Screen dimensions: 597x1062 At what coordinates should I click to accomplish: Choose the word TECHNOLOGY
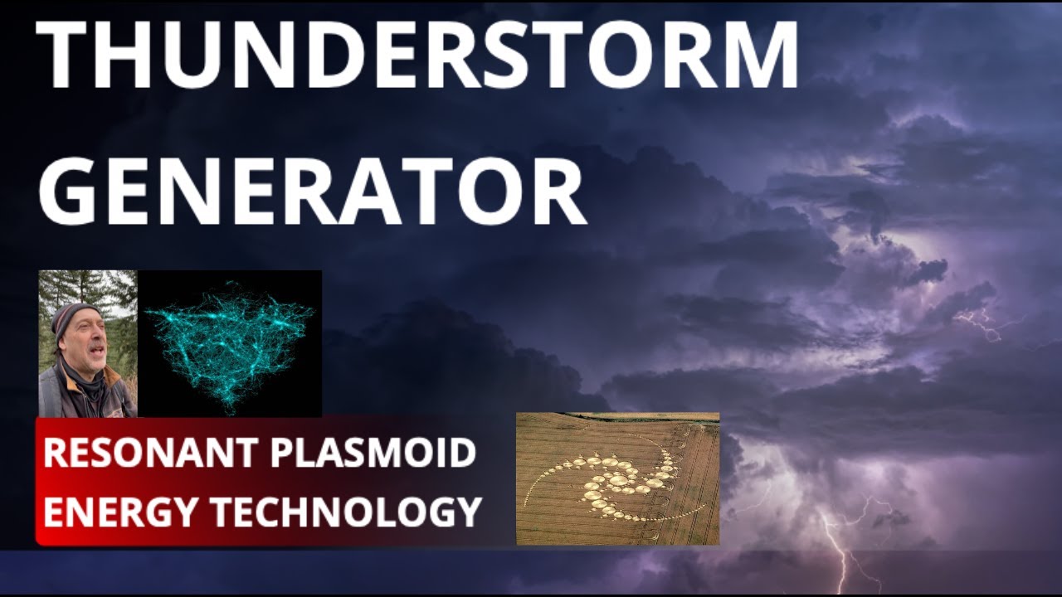coord(347,511)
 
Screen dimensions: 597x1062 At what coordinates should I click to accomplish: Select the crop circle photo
coord(617,478)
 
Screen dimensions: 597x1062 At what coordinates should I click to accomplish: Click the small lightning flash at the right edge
coord(983,323)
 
